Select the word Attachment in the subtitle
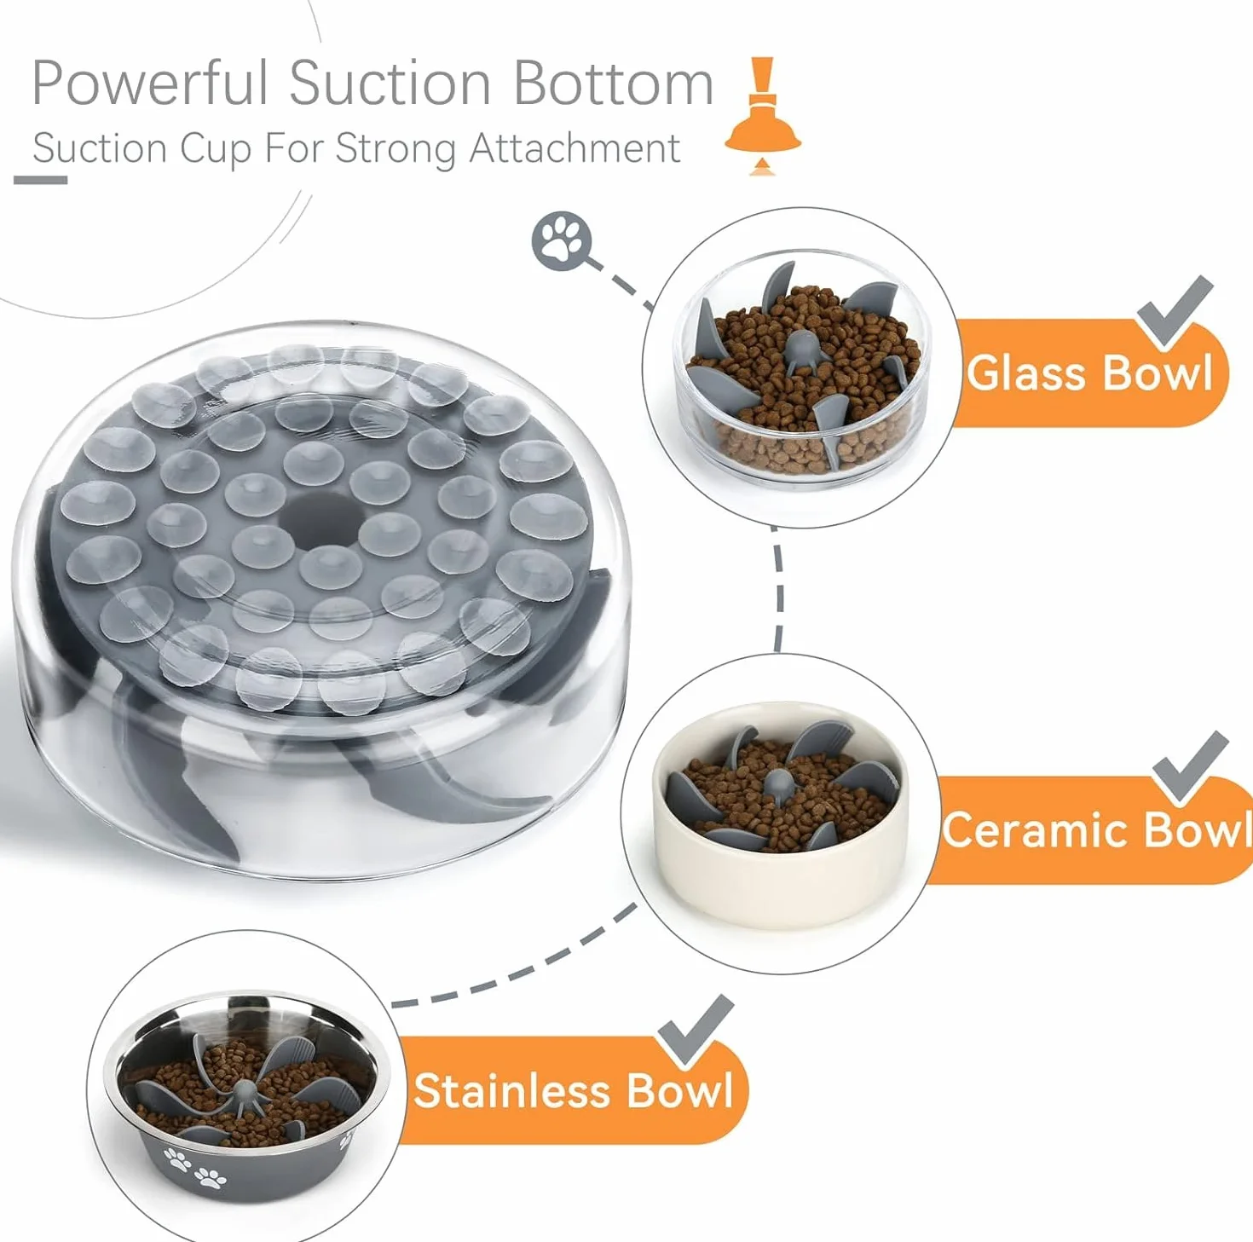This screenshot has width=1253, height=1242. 575,148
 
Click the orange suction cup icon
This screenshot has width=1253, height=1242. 763,116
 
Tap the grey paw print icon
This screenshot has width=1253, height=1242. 562,240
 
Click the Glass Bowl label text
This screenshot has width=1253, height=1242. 1089,373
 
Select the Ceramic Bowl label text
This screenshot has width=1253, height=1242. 1096,829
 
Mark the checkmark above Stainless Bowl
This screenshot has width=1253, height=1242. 696,1031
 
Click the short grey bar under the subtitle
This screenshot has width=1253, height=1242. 40,180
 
